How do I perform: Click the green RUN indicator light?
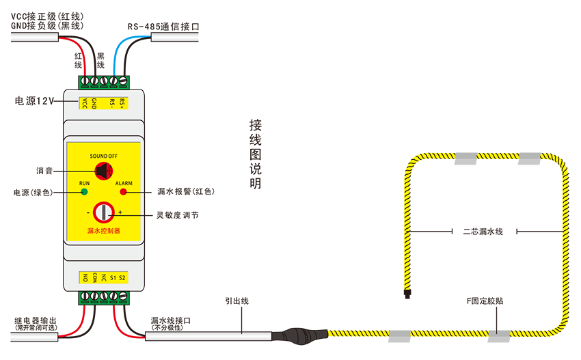[x=85, y=191]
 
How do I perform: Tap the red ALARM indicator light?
[x=124, y=191]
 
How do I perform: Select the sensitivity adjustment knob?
[x=104, y=212]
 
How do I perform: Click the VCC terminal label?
[x=85, y=103]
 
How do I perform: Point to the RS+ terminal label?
[x=122, y=103]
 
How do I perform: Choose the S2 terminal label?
[x=122, y=277]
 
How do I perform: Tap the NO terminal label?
[x=85, y=277]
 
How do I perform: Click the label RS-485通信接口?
[x=163, y=27]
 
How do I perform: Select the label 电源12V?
[x=34, y=100]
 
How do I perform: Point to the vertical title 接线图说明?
[x=256, y=154]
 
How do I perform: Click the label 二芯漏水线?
[x=483, y=232]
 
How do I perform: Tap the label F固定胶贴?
[x=485, y=301]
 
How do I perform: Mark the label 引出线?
[x=237, y=301]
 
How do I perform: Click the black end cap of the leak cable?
[x=407, y=294]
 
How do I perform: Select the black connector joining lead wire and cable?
[x=300, y=335]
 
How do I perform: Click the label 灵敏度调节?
[x=178, y=215]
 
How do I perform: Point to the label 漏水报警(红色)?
[x=186, y=191]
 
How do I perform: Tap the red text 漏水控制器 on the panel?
[x=104, y=231]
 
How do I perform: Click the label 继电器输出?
[x=36, y=320]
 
